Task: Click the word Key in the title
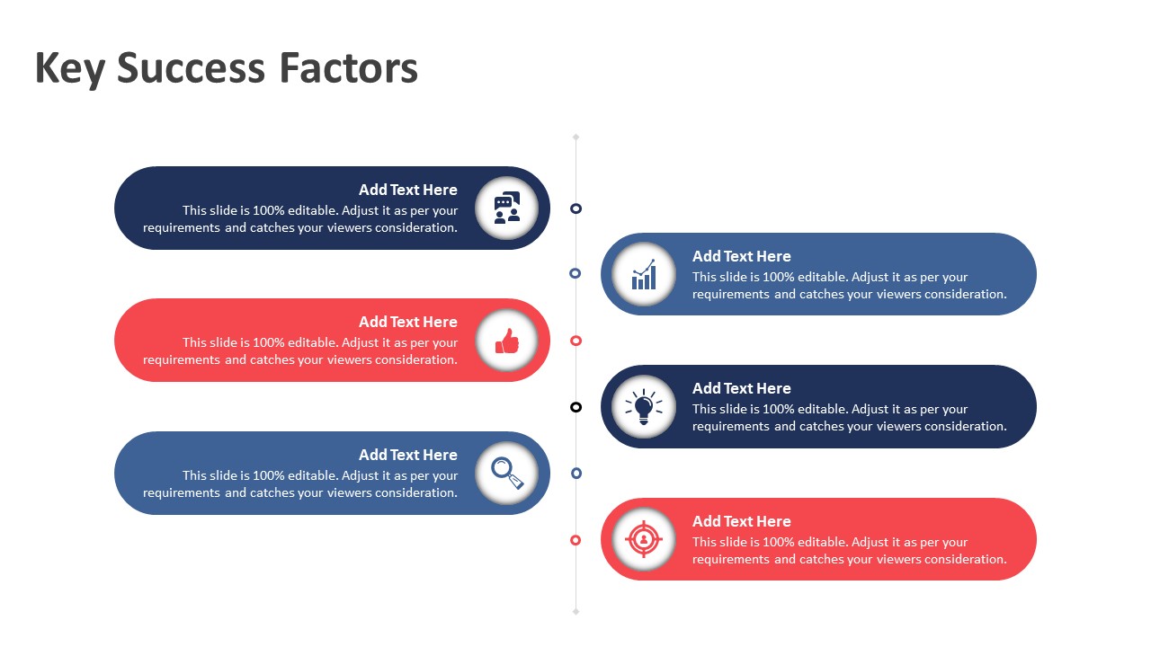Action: [x=70, y=69]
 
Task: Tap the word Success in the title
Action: [x=191, y=67]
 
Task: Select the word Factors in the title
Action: [x=348, y=67]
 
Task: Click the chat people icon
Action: [x=506, y=208]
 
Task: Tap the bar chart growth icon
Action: [x=644, y=275]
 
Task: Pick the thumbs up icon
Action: [x=506, y=341]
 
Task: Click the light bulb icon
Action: [x=643, y=407]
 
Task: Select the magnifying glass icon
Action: [x=507, y=473]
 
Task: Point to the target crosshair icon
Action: [x=643, y=539]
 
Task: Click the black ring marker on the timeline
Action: [x=576, y=403]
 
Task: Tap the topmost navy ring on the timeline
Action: [x=576, y=204]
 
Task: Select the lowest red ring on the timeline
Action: [x=575, y=536]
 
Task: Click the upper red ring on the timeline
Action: [x=576, y=336]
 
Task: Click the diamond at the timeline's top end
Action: [x=576, y=137]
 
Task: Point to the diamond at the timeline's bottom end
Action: [x=576, y=612]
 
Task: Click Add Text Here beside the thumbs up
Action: [x=408, y=322]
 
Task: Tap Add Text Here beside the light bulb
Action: [x=742, y=388]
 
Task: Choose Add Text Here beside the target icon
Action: [x=742, y=521]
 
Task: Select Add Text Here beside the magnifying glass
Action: [x=408, y=455]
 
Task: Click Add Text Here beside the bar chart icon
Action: [x=742, y=256]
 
